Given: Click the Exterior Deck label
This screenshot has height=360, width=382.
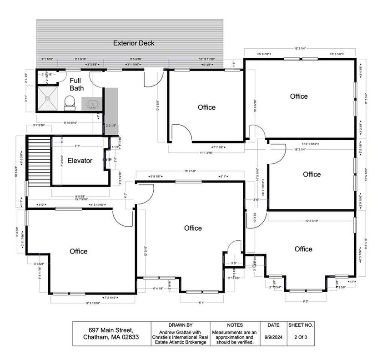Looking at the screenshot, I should pos(134,43).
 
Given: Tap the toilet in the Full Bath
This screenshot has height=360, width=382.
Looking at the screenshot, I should pos(70,104).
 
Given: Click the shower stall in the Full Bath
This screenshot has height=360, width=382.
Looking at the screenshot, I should pos(47,99).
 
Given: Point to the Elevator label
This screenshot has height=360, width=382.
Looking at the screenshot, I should pos(80,161).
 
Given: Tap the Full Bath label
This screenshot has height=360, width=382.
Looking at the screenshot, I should pos(78,84).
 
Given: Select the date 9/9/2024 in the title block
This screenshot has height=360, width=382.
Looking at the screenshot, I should pos(274,337).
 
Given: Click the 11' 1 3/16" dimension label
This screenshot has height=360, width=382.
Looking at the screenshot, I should pos(205,153).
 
